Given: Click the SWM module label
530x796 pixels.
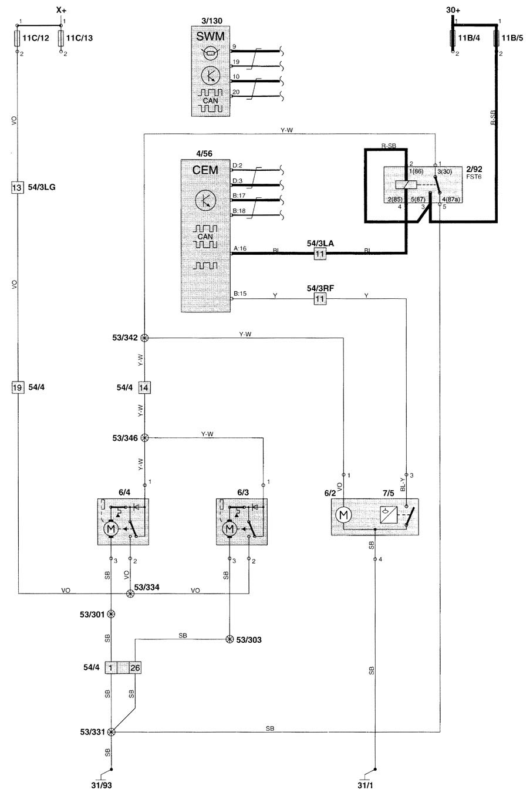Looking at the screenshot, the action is pyautogui.click(x=210, y=36).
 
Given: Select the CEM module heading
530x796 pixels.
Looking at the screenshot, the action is pyautogui.click(x=205, y=170).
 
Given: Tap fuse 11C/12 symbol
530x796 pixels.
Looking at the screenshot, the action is pyautogui.click(x=17, y=38).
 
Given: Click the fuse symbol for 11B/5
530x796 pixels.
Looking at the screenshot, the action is pyautogui.click(x=497, y=38).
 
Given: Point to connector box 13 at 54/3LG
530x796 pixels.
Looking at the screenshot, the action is pyautogui.click(x=17, y=187).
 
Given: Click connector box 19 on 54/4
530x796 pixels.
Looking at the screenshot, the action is pyautogui.click(x=17, y=387).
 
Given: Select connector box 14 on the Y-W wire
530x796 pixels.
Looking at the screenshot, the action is pyautogui.click(x=144, y=387).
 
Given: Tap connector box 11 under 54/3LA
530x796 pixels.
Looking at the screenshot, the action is pyautogui.click(x=320, y=254).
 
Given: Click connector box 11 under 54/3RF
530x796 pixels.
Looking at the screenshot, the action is pyautogui.click(x=320, y=298).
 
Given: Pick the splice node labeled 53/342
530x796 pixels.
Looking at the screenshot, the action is pyautogui.click(x=144, y=338).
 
